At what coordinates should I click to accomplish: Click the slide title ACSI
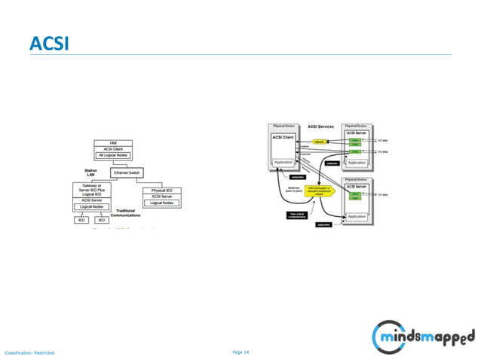tap(49, 43)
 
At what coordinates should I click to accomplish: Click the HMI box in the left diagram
tap(113, 142)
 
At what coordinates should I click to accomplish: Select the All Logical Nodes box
tap(113, 155)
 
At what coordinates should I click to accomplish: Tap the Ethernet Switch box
tap(127, 172)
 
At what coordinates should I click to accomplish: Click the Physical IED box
tap(161, 191)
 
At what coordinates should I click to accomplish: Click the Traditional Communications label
tap(125, 213)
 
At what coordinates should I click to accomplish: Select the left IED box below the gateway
tap(81, 220)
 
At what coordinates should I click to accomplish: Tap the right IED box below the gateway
tap(100, 220)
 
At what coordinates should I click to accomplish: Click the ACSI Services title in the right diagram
tap(321, 127)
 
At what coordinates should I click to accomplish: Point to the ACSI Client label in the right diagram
tap(283, 137)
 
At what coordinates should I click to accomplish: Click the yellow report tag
tap(319, 141)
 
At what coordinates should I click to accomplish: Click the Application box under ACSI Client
tap(283, 162)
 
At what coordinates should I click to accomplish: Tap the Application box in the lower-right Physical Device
tap(357, 216)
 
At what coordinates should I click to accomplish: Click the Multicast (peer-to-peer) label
tap(283, 189)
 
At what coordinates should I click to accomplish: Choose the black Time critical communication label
tap(297, 215)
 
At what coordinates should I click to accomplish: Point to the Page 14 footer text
tap(240, 352)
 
